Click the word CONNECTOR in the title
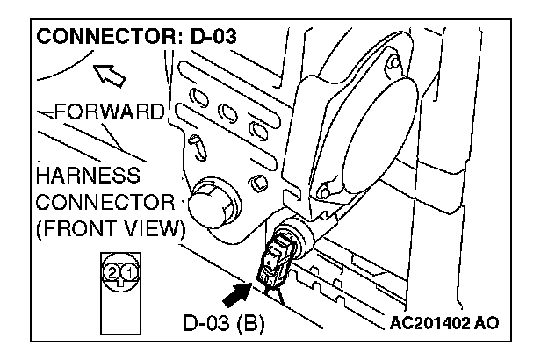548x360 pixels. (x=98, y=40)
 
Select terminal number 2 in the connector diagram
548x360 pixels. (x=112, y=272)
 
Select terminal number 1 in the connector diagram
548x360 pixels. (x=127, y=272)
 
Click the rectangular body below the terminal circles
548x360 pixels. (x=120, y=307)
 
